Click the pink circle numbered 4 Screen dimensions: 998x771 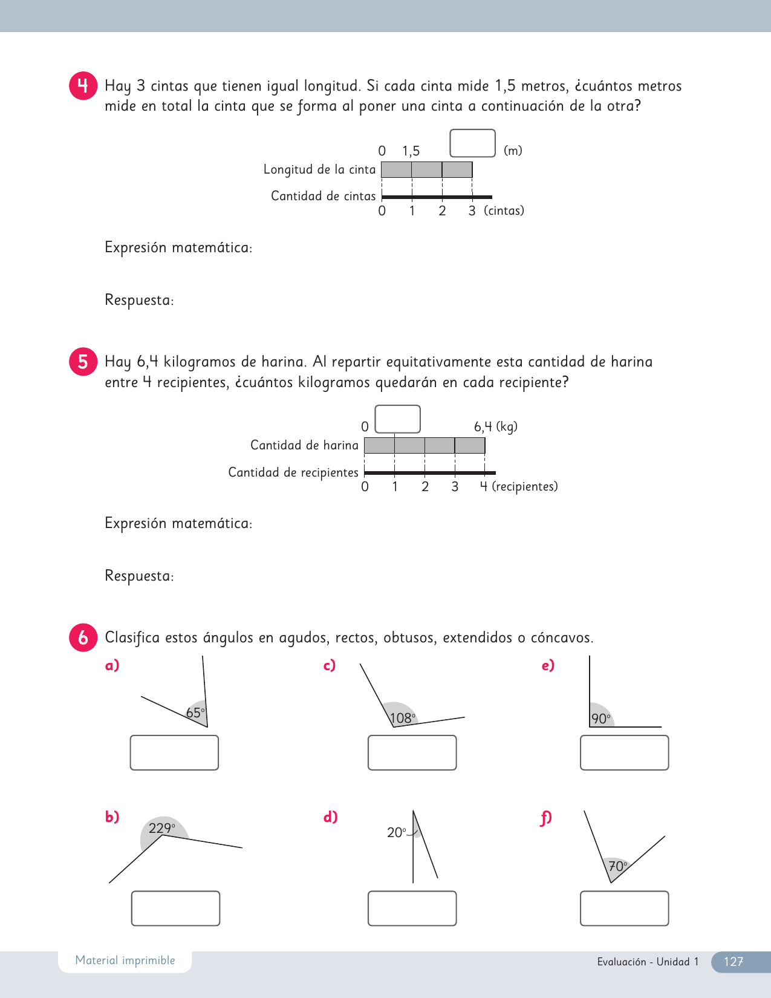[83, 86]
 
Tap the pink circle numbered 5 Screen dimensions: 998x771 [83, 362]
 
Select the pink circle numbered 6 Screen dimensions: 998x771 [83, 638]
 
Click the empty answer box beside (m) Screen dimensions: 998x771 [472, 143]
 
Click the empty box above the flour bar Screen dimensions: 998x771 [397, 419]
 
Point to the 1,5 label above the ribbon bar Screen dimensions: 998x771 [411, 151]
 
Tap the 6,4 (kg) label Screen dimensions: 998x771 [495, 426]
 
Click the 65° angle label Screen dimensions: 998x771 [195, 713]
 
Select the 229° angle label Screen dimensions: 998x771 [162, 828]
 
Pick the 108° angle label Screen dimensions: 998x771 [403, 718]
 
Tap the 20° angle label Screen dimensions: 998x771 [397, 833]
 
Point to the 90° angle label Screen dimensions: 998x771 [601, 719]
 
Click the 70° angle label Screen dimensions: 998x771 [617, 866]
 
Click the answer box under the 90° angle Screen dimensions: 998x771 [624, 752]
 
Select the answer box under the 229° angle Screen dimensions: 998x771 [175, 908]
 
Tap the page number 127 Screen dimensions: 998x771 [734, 962]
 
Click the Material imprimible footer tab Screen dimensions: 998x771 [125, 960]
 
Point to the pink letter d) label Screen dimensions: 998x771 [330, 817]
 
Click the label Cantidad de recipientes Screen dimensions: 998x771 [293, 472]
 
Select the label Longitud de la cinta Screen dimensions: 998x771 [319, 169]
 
